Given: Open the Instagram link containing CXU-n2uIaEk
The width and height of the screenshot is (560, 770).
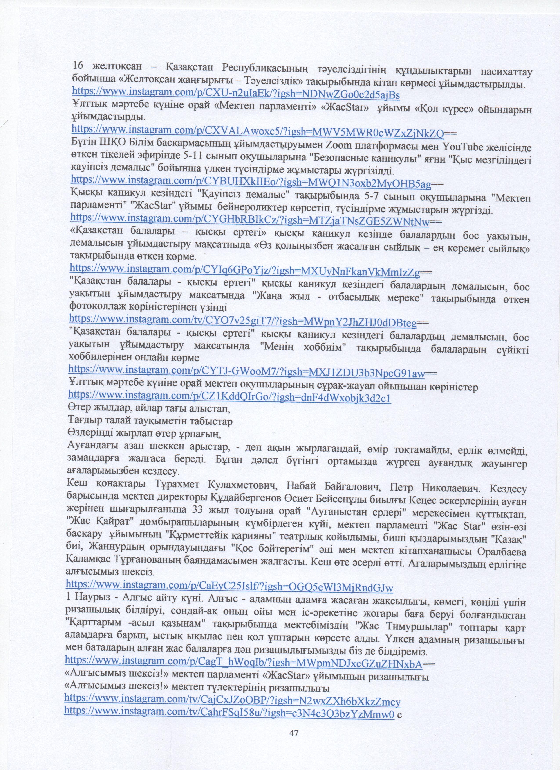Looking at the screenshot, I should point(236,94).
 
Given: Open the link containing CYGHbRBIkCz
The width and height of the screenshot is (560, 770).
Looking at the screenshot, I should point(250,220).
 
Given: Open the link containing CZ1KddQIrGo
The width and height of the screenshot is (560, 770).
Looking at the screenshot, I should point(230,396).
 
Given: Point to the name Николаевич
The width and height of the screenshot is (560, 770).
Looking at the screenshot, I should point(450,488).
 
